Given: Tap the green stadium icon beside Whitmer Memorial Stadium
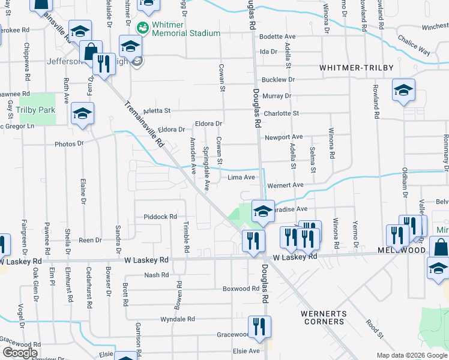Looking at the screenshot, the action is coord(142,28).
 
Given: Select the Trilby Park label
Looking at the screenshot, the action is coord(35,110).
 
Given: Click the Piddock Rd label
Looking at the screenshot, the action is coord(161,217).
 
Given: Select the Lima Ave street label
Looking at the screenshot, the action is coord(242,178).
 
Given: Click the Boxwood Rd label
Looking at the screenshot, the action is coord(241,289).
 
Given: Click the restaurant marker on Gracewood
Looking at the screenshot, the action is coord(259,327).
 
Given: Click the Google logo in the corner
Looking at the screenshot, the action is coord(20,353).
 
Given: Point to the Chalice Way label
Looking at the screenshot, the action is coord(413,45).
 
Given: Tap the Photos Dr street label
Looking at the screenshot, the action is coord(69,144).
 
